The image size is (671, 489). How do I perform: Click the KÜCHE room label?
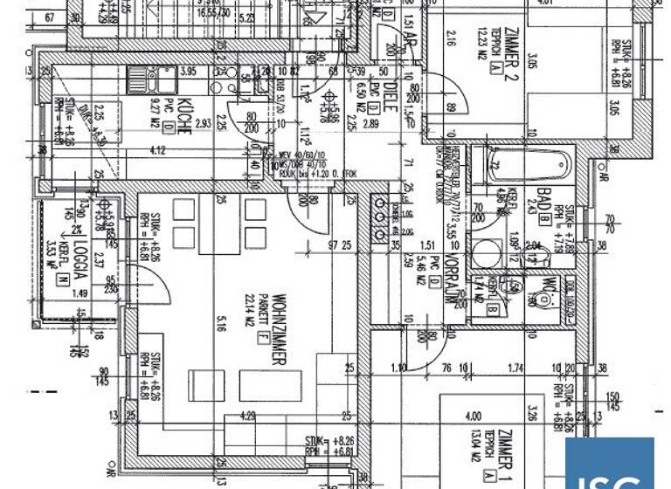point(184,116)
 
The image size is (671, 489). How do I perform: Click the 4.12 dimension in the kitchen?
point(158,151)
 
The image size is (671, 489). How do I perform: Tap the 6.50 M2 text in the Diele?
point(363,97)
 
